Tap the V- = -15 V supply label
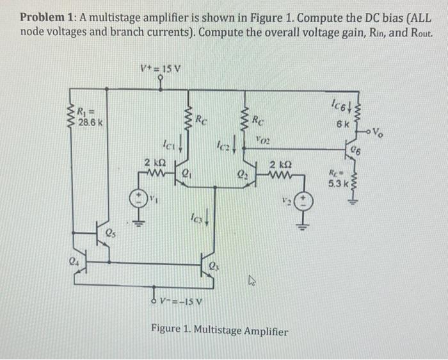[182, 303]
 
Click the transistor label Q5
[112, 234]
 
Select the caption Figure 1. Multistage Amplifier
[219, 331]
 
